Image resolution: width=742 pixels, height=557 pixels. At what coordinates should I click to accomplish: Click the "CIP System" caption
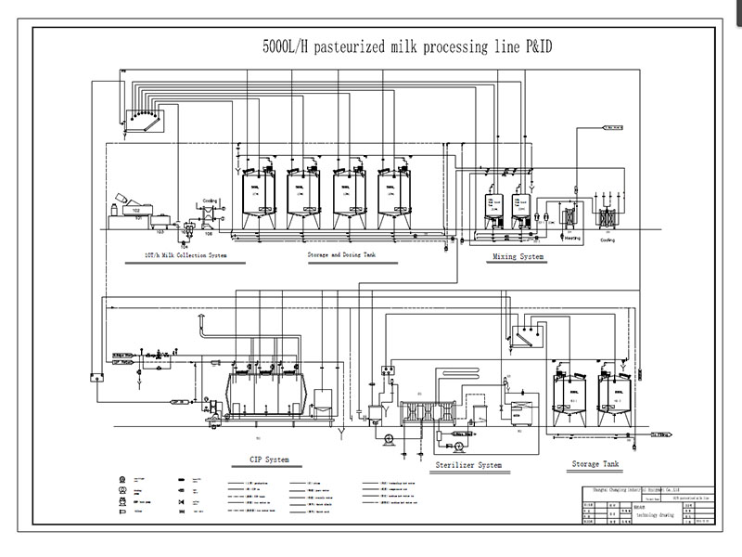pos(269,460)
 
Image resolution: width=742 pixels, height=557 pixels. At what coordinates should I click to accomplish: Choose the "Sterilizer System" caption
pos(468,464)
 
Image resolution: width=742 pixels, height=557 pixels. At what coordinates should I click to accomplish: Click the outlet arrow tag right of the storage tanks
pos(662,434)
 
